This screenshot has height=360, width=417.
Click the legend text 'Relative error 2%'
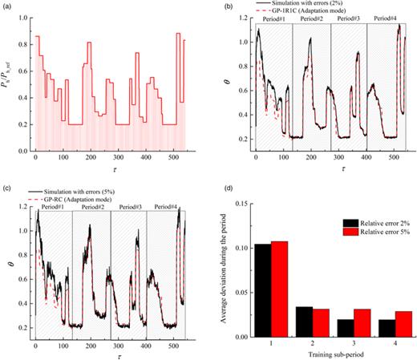coord(370,224)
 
